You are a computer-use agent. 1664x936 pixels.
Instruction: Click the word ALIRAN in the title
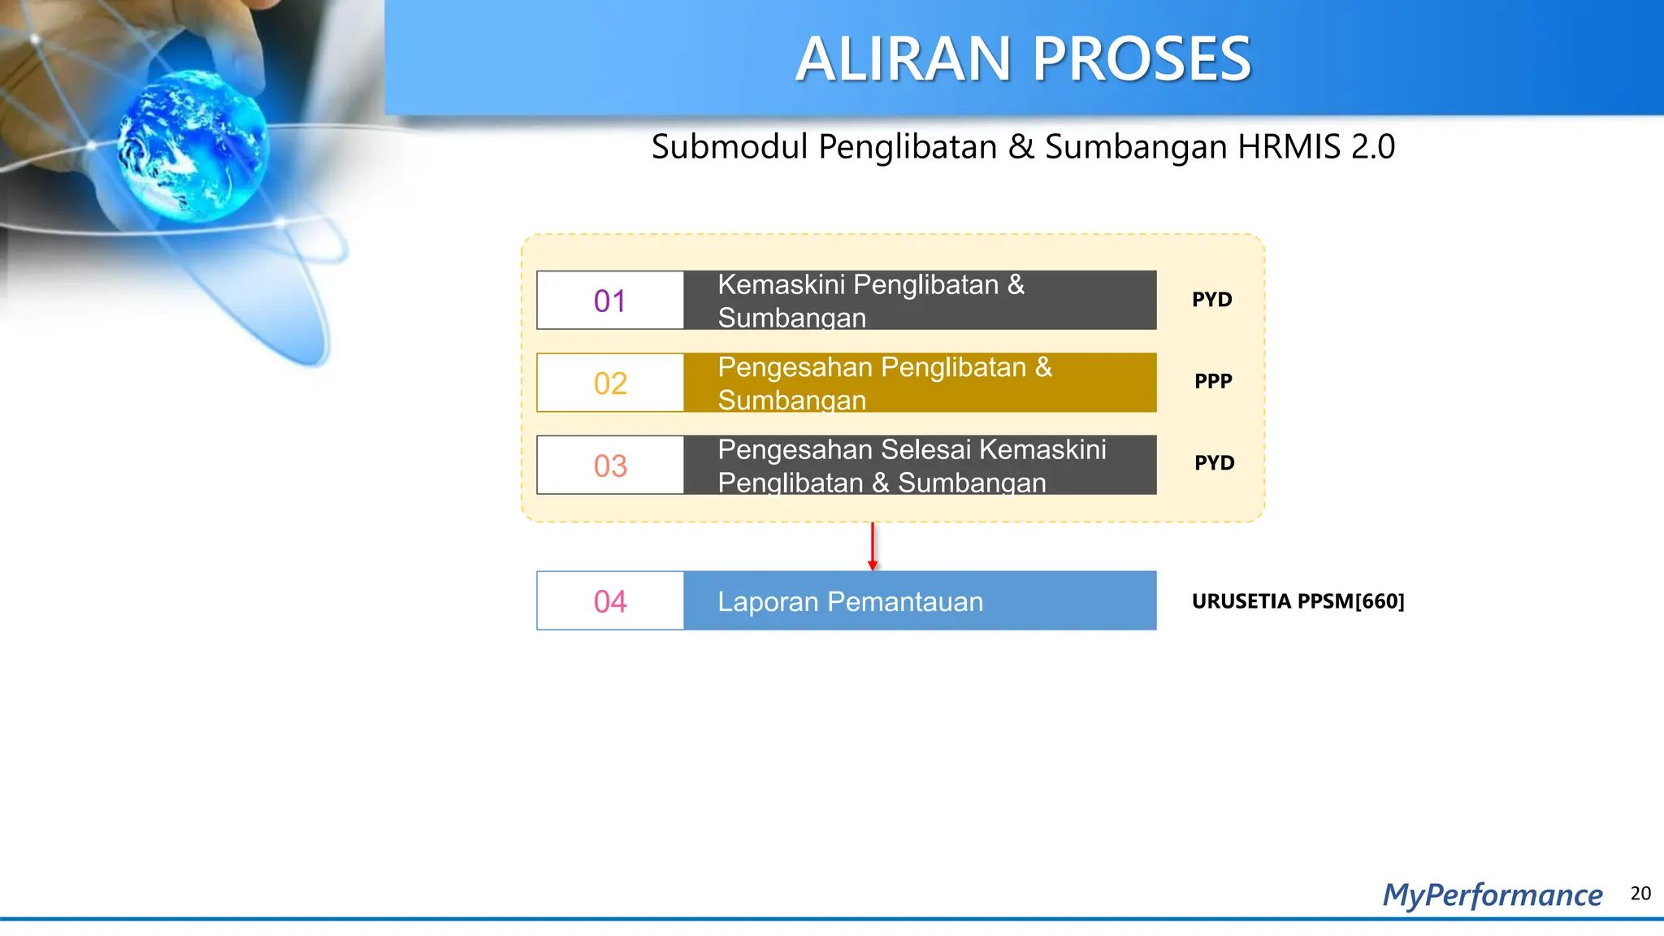pos(903,60)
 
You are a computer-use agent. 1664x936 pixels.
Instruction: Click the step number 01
pos(610,301)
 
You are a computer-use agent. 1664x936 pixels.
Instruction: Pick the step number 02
pos(610,383)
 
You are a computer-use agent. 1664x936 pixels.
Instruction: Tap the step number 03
pos(610,466)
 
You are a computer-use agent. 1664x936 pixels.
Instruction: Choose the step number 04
pos(610,601)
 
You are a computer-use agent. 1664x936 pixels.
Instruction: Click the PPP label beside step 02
pos(1213,381)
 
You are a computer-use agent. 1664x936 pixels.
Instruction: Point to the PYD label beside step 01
pos(1211,300)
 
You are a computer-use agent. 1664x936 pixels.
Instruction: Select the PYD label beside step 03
pos(1214,463)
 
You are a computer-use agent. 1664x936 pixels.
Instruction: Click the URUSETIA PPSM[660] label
pos(1298,601)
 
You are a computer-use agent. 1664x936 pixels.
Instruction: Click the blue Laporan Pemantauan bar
pos(920,601)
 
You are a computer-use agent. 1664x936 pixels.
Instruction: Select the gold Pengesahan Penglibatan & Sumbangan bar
pos(920,383)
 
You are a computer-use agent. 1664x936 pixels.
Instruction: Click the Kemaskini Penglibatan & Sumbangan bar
pos(920,301)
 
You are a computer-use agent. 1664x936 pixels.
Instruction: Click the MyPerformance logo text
pos(1493,895)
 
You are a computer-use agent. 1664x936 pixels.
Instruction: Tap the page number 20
pos(1640,894)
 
